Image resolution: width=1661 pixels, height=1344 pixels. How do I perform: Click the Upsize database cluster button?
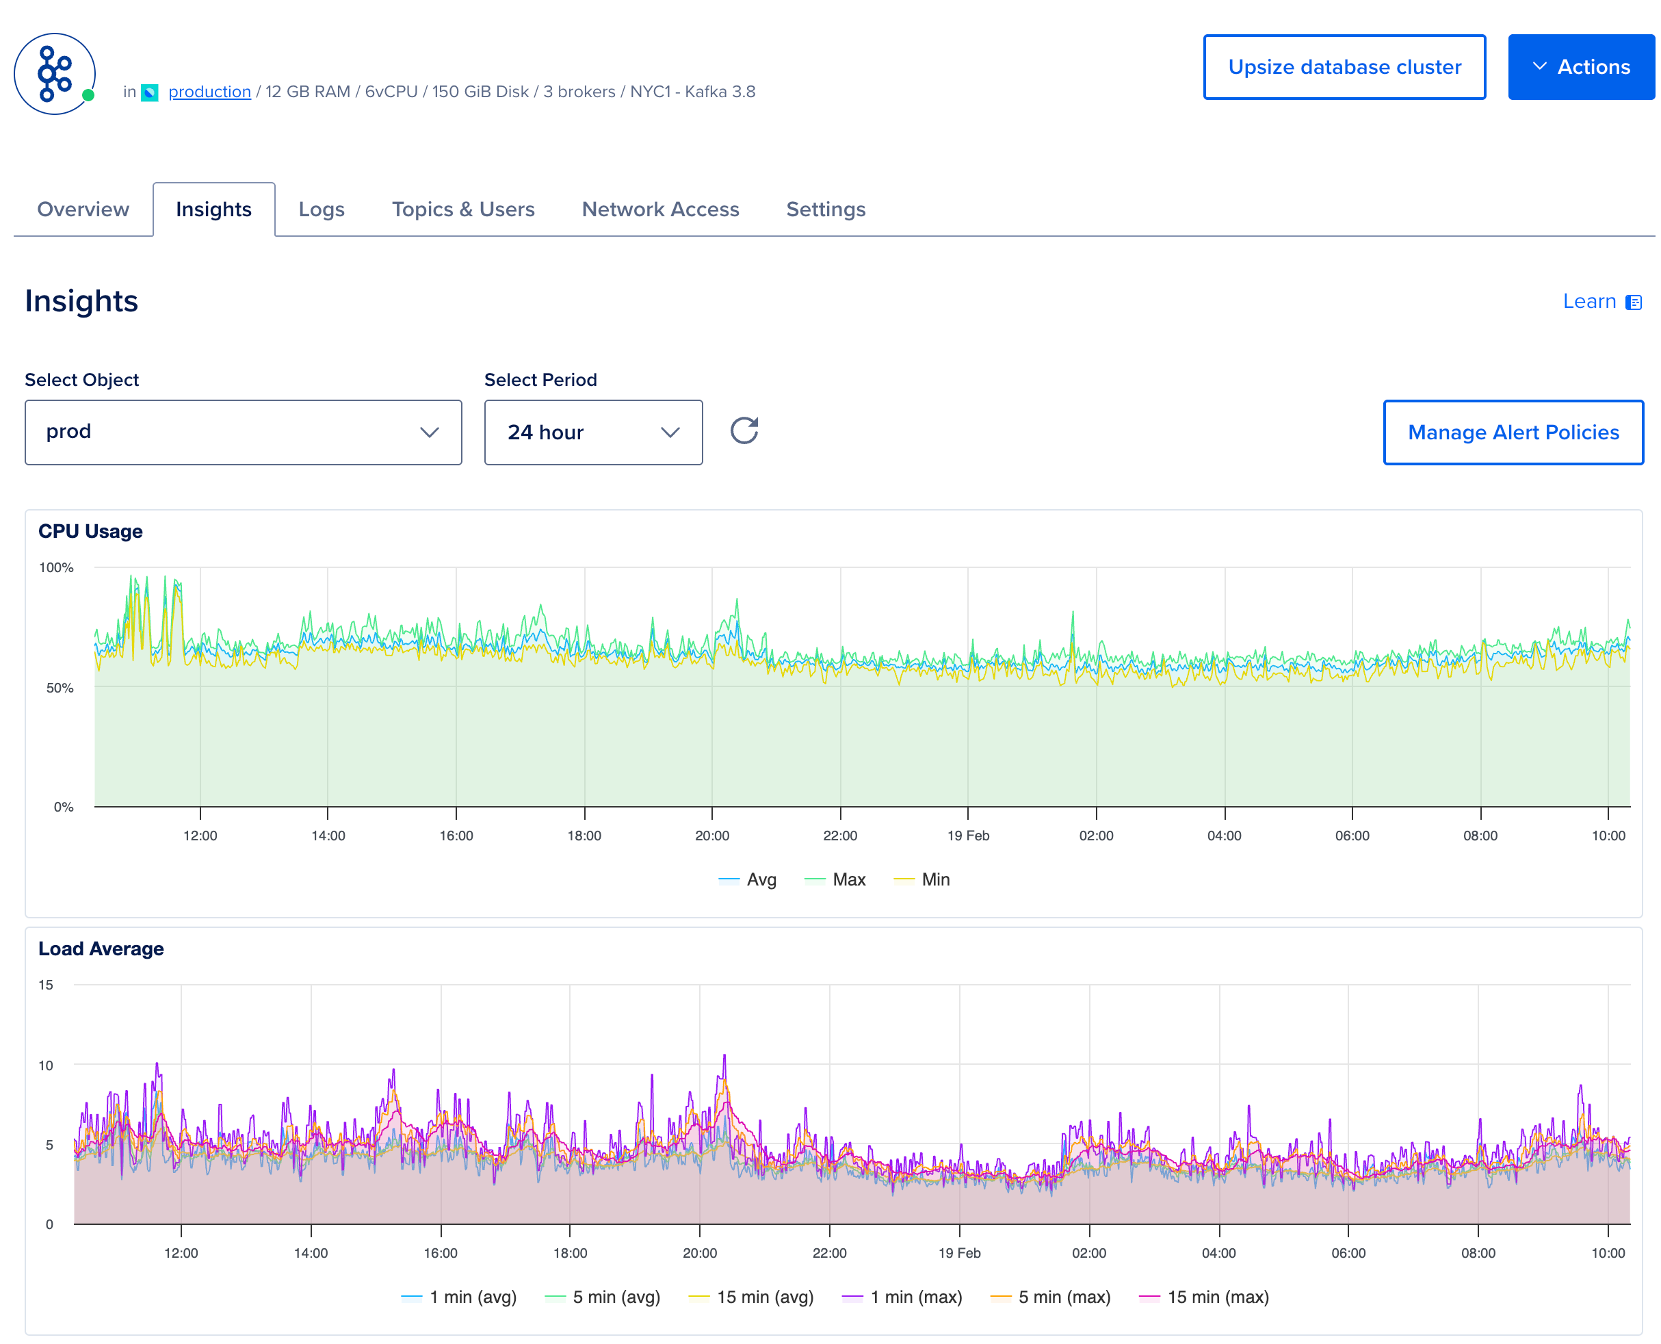[1344, 67]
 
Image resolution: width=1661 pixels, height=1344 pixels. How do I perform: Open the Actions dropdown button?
[1580, 67]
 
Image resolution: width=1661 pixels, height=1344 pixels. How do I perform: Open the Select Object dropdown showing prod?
[243, 432]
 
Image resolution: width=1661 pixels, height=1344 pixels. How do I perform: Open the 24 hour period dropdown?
[593, 432]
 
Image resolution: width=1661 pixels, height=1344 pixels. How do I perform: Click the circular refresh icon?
[744, 430]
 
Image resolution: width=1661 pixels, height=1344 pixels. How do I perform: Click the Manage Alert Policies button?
[1513, 432]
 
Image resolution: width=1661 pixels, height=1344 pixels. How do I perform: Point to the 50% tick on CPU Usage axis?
[60, 688]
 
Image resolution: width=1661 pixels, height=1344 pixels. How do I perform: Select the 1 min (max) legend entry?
[902, 1297]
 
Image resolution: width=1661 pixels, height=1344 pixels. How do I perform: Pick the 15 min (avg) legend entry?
[752, 1297]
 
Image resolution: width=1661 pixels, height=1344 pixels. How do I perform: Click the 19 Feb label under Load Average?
[959, 1253]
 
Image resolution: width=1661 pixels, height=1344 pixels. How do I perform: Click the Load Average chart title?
[101, 948]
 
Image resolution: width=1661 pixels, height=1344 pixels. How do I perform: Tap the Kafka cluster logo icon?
[54, 73]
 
